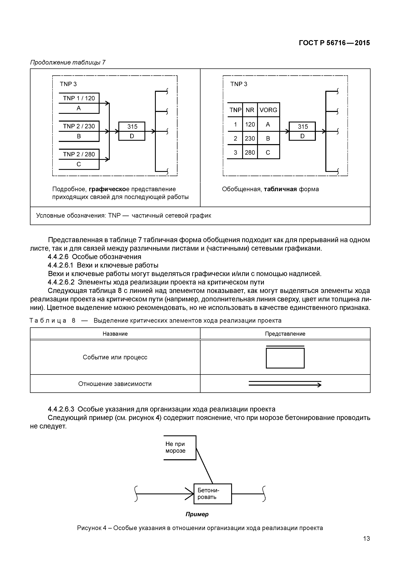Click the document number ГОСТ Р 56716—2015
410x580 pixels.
(x=334, y=43)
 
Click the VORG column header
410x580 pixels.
(x=268, y=110)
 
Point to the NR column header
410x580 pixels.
(x=250, y=110)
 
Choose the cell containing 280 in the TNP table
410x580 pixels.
(x=250, y=152)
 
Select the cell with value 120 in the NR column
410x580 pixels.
(x=250, y=124)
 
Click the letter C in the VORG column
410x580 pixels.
(x=268, y=152)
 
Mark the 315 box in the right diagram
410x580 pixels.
(x=302, y=131)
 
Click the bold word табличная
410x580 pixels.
(x=280, y=189)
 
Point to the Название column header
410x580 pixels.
(x=115, y=334)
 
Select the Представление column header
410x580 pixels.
(x=285, y=334)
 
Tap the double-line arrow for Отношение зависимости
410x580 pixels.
(x=285, y=384)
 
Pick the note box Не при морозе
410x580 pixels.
(x=180, y=447)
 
